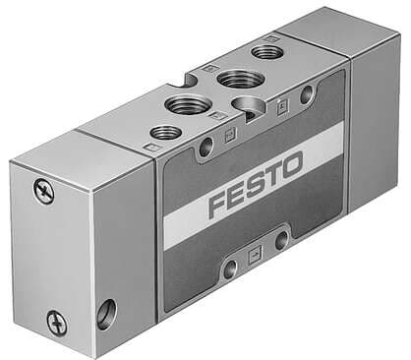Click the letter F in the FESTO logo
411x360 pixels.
click(218, 206)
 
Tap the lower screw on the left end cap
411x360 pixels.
click(55, 321)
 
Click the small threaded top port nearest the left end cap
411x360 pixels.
click(163, 132)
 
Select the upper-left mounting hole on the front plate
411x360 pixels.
click(205, 146)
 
